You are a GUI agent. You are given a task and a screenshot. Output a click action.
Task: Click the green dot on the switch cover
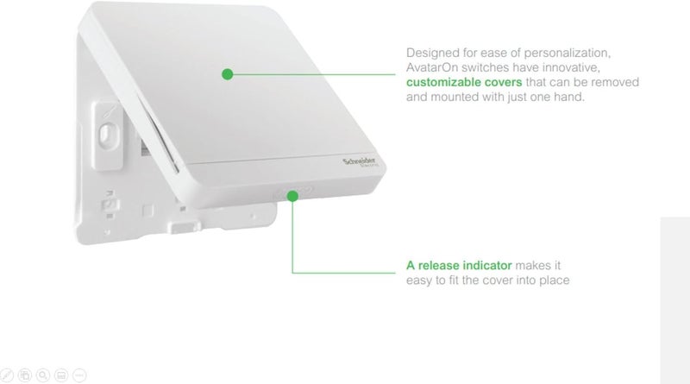tap(227, 74)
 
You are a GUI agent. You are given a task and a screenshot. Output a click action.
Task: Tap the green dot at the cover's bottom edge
tap(294, 197)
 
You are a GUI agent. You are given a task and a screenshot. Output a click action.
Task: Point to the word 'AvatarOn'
tap(434, 66)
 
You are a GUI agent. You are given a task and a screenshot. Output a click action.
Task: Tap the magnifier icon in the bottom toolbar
tap(43, 375)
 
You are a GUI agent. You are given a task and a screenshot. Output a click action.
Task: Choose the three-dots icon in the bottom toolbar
tap(79, 375)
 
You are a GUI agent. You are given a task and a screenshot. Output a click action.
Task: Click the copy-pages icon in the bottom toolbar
tap(26, 375)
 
